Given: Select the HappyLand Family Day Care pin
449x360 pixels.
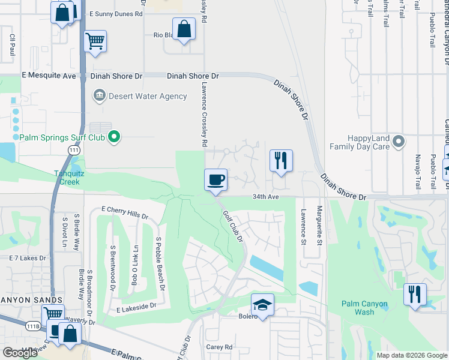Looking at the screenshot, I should click(399, 142).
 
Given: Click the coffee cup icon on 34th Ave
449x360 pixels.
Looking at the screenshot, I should click(215, 179).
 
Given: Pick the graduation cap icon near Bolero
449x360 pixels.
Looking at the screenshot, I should click(262, 305).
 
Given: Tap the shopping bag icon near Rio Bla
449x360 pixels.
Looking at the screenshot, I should click(184, 29).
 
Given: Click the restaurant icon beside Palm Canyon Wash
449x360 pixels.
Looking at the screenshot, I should click(415, 295).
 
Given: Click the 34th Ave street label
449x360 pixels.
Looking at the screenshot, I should click(266, 196).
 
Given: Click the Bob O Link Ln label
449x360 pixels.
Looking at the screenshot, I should click(135, 265).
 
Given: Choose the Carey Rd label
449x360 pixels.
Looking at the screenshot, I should click(219, 347).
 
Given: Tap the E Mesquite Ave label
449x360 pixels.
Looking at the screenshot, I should click(49, 76).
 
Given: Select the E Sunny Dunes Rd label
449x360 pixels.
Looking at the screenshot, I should click(116, 13).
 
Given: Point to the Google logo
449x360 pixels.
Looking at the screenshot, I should click(20, 353).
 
